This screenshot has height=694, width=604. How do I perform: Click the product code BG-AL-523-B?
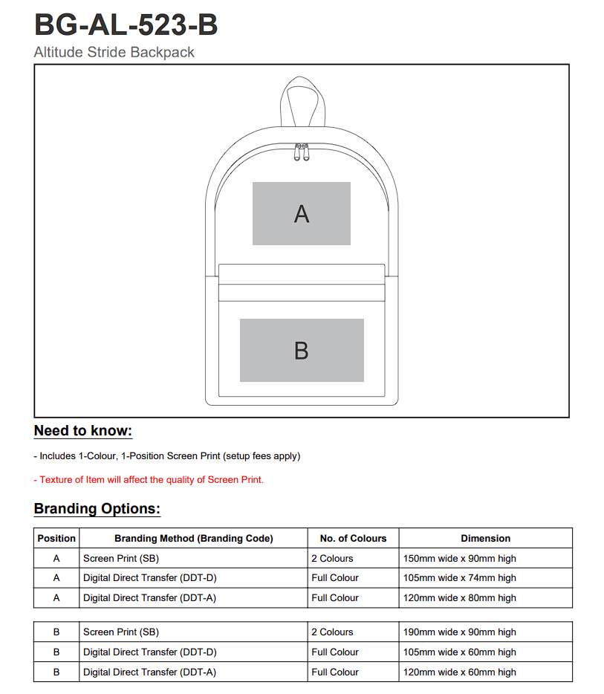pos(126,25)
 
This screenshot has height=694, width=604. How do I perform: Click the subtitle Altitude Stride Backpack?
pos(114,52)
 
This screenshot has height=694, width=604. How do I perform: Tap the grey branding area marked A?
pos(301,213)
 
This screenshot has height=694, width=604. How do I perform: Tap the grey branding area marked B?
pos(301,350)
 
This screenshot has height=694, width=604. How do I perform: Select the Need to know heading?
pos(83,431)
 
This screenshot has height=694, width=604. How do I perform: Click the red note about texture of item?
pos(149,479)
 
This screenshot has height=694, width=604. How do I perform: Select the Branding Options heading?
pos(97,509)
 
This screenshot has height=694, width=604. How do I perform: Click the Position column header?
pos(56,538)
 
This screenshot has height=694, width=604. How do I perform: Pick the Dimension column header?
pos(485,538)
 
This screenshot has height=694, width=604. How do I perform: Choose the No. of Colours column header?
pos(353,538)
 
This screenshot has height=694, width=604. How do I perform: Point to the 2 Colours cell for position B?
pos(332,632)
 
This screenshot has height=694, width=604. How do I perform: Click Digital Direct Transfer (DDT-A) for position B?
pos(149,672)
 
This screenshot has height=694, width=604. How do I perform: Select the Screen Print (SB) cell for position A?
pos(121,558)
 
